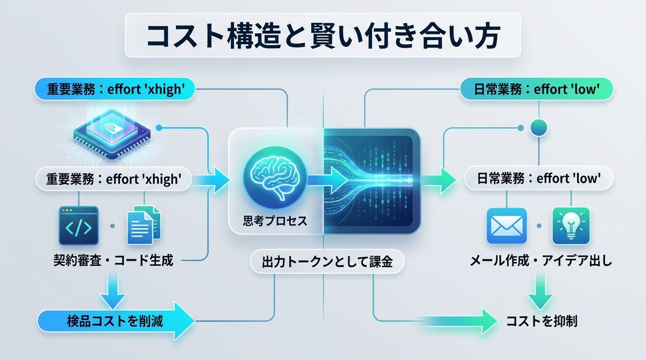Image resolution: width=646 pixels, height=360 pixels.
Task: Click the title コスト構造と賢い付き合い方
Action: [323, 35]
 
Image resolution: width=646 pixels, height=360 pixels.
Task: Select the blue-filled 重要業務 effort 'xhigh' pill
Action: [114, 90]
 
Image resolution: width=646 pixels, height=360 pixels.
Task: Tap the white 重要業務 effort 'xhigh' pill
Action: [114, 179]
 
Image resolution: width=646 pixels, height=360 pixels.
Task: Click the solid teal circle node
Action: [539, 128]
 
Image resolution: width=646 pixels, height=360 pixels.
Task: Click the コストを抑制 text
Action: [542, 322]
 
